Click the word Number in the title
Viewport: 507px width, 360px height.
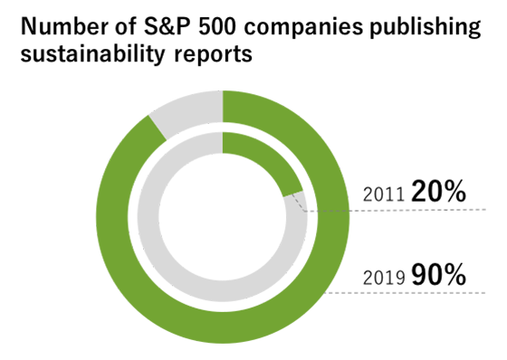click(56, 26)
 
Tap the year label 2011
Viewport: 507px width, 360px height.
click(381, 194)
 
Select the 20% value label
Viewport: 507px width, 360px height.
click(437, 191)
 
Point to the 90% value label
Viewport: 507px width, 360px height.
click(438, 274)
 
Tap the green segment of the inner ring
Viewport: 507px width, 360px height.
click(268, 161)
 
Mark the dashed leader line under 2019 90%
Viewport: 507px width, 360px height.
click(416, 293)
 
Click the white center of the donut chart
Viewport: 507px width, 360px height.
click(223, 217)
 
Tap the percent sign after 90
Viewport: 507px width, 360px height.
click(455, 274)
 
